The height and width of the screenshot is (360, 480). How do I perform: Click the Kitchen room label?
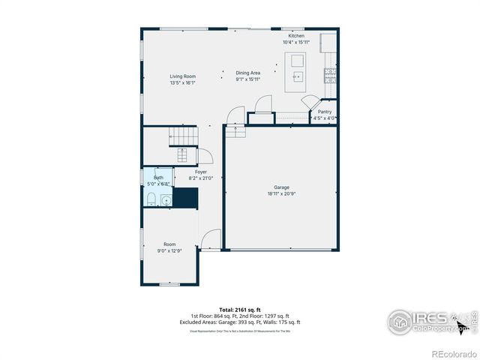point(296,36)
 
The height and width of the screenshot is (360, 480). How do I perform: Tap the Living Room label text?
point(182,76)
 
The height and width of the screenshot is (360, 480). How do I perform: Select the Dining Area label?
point(248,73)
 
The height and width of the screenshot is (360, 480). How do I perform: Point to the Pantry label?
point(324,112)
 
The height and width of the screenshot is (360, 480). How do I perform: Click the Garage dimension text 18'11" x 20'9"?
point(281,194)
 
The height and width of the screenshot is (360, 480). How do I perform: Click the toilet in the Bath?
point(150,198)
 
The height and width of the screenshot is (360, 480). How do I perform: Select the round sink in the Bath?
point(165,199)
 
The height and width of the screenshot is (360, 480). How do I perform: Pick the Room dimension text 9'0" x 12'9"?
point(170,251)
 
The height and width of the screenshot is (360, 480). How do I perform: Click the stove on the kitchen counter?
point(328,74)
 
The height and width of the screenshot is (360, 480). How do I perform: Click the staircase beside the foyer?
point(184,136)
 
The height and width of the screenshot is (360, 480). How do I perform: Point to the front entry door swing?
point(211,238)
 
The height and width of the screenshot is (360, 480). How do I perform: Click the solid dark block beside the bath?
point(184,196)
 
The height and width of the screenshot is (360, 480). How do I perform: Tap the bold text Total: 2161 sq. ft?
point(240,309)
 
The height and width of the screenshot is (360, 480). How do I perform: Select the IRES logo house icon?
point(400,321)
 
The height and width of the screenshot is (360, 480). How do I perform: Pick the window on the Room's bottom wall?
point(169,284)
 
